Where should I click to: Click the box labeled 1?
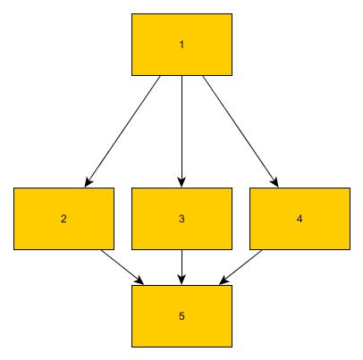pos(181,45)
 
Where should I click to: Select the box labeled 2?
pos(63,219)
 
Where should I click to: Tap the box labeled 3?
pos(181,219)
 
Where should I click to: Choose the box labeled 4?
pos(300,219)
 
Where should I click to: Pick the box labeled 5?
pos(181,316)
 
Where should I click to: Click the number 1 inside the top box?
pos(181,45)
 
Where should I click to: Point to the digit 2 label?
pos(63,219)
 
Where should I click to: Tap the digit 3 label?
pos(181,219)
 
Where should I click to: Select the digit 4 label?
pos(300,219)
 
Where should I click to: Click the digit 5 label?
pos(181,316)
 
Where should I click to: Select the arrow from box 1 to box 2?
pos(122,131)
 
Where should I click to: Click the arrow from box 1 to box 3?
pos(181,131)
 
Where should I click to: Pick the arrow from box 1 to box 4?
pos(241,131)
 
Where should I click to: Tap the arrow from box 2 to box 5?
pos(122,267)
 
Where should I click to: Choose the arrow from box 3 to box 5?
pos(181,267)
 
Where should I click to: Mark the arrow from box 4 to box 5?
pos(241,267)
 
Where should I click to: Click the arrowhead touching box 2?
pos(88,182)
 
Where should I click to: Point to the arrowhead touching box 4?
pos(275,182)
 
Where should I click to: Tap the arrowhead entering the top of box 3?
pos(181,182)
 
